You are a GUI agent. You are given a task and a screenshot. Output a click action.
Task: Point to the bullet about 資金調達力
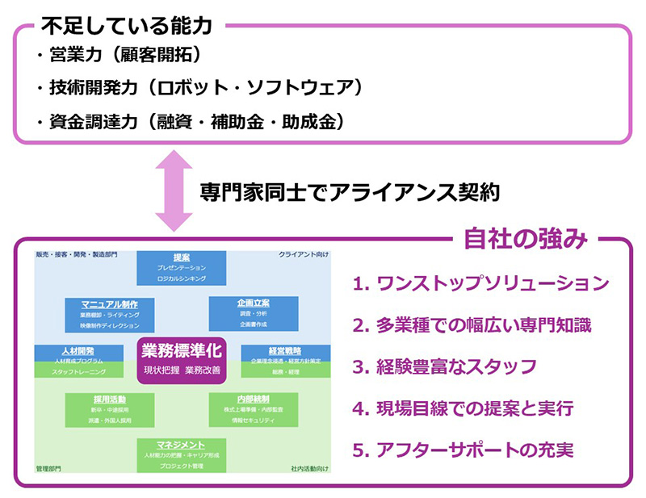(x=192, y=121)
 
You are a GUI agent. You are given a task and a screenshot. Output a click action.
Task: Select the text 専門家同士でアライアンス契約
(x=351, y=192)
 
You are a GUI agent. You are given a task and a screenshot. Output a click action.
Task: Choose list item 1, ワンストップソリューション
(x=480, y=283)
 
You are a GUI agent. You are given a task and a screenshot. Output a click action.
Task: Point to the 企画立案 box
(x=254, y=312)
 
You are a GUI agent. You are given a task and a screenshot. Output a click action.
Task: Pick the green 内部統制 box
(x=253, y=409)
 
